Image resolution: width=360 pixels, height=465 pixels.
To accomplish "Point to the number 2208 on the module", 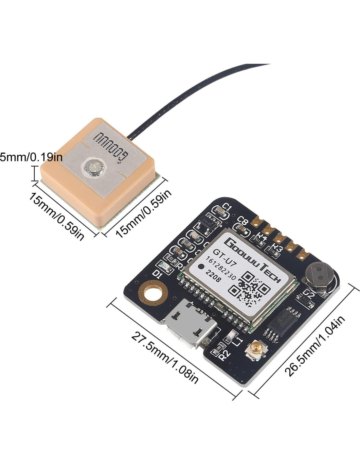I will tap(213, 275).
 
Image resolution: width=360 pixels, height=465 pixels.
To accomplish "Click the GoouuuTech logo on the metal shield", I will tap(252, 260).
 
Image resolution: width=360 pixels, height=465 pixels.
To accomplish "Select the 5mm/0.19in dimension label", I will tap(31, 157).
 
